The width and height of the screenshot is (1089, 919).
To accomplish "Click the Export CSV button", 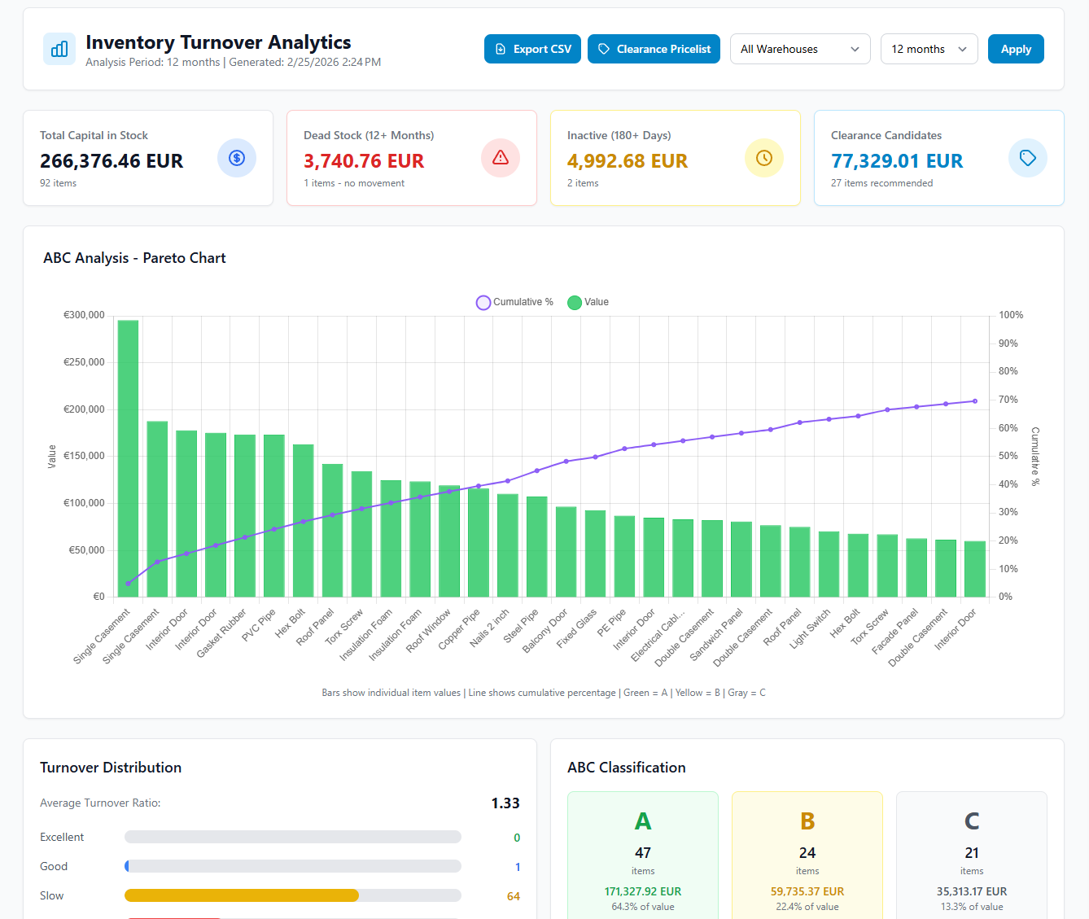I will click(x=532, y=49).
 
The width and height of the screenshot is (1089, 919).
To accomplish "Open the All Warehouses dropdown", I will click(x=799, y=49).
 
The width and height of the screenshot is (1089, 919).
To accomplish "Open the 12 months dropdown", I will click(x=929, y=49).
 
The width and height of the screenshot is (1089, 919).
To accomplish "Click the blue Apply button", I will click(x=1015, y=49).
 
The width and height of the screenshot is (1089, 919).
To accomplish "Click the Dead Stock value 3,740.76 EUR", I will click(x=364, y=161).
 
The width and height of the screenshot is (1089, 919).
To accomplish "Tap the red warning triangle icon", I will click(x=501, y=158).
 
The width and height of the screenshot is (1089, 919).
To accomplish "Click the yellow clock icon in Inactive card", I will click(x=763, y=158).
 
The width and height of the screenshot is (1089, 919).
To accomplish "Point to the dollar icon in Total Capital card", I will click(x=237, y=158).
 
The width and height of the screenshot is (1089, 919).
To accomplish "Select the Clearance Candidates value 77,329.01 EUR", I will click(x=897, y=161).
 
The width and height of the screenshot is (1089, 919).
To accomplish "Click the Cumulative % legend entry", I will click(x=515, y=302).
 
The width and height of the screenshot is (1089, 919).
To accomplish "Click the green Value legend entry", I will click(x=588, y=302).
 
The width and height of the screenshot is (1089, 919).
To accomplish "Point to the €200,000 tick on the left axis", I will click(x=85, y=409).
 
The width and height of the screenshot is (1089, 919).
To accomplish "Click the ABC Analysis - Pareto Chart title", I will click(x=134, y=258).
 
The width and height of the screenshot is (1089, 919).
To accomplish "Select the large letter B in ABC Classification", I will click(x=807, y=821).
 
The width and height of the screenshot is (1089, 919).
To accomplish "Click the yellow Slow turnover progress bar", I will click(x=242, y=895).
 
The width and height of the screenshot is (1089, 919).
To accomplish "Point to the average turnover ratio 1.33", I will click(x=505, y=803).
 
